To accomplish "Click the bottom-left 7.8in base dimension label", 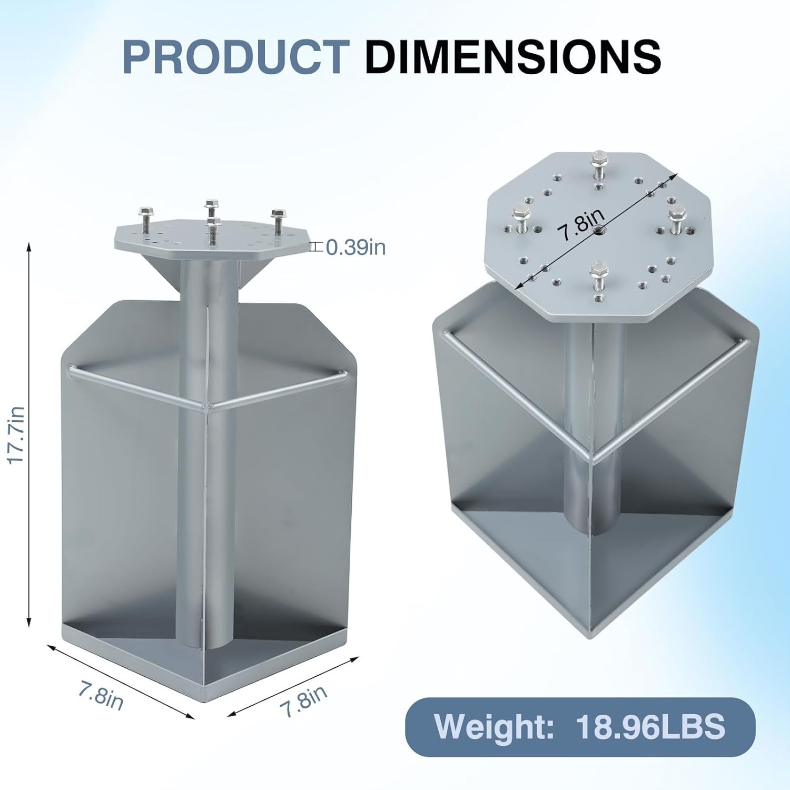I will [101, 695].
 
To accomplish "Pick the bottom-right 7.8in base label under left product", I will [305, 701].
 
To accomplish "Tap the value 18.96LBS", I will [651, 726].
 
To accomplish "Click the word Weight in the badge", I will [494, 726].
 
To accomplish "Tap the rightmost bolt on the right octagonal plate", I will [676, 219].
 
